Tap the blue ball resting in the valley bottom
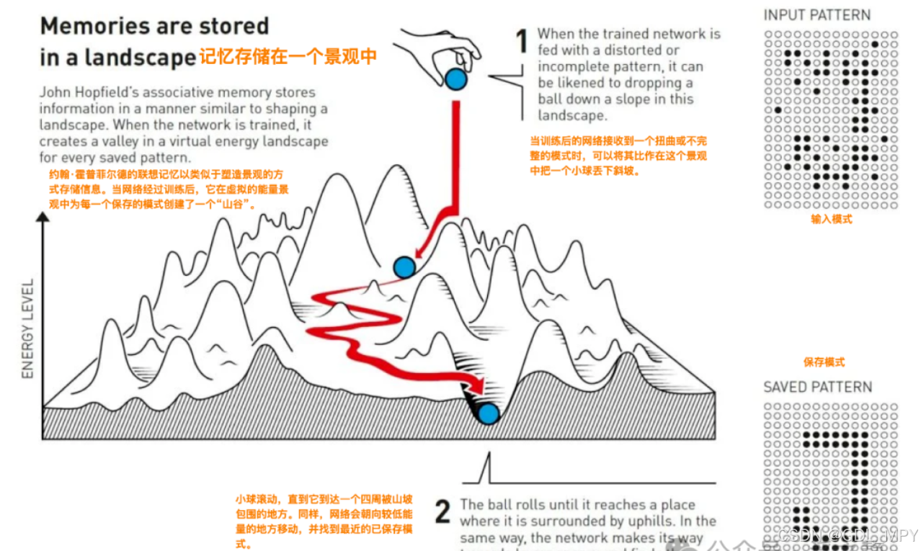tap(489, 413)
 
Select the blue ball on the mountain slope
tap(404, 267)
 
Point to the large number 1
tap(522, 42)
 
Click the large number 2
tap(442, 511)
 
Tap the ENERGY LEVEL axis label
tap(28, 328)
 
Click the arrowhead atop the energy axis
tap(44, 218)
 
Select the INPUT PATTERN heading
tap(817, 15)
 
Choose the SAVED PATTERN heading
tap(817, 387)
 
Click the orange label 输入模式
tap(831, 219)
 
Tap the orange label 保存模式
tap(824, 362)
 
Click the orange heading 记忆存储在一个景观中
tap(288, 57)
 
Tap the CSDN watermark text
tap(847, 536)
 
